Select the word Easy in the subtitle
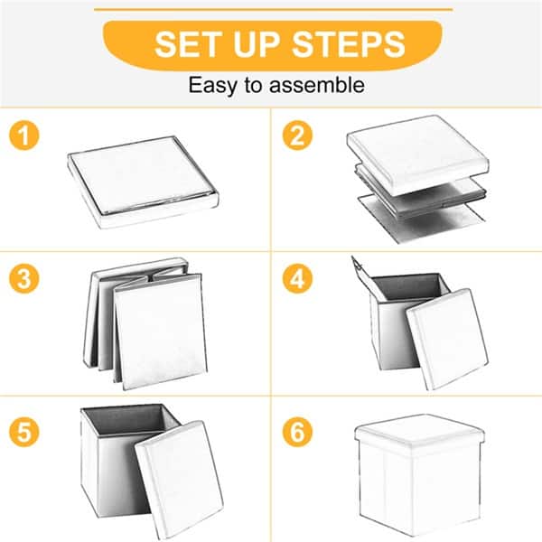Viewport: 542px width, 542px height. [x=210, y=86]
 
